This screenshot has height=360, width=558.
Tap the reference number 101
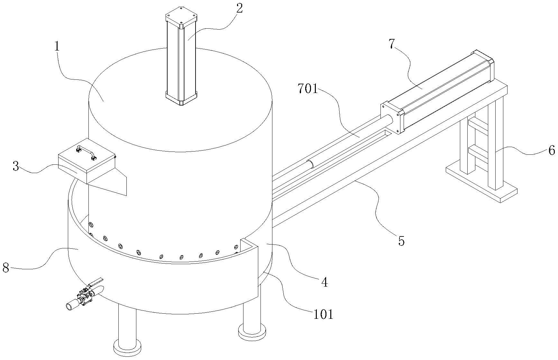point(323,314)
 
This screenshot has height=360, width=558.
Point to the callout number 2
point(239,8)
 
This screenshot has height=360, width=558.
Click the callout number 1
point(57,47)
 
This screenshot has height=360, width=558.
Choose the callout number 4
point(324,282)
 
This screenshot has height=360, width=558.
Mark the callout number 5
point(401,241)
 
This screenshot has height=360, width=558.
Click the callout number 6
point(551,150)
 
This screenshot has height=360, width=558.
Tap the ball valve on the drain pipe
point(85,296)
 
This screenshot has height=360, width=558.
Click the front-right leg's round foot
point(252,331)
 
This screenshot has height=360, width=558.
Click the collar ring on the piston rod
point(310,164)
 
